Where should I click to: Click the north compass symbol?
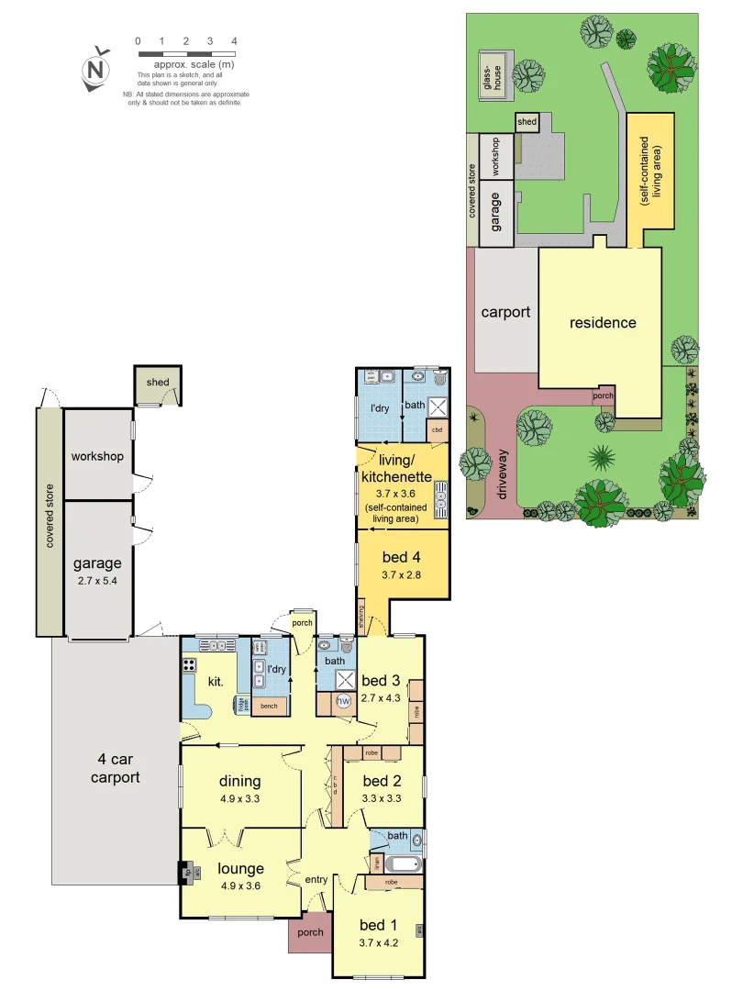[94, 70]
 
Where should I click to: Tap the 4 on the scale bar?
[235, 41]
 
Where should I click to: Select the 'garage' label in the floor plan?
[97, 563]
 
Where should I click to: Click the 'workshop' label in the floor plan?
[97, 456]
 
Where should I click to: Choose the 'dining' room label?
[240, 781]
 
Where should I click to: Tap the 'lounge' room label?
[241, 868]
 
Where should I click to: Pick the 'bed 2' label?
[383, 781]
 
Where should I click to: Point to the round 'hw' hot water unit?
[344, 702]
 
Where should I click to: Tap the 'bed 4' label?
[401, 557]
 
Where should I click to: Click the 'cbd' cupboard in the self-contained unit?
[438, 429]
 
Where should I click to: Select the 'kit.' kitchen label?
[215, 682]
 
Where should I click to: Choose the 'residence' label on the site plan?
[603, 322]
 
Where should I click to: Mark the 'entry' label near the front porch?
[316, 880]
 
